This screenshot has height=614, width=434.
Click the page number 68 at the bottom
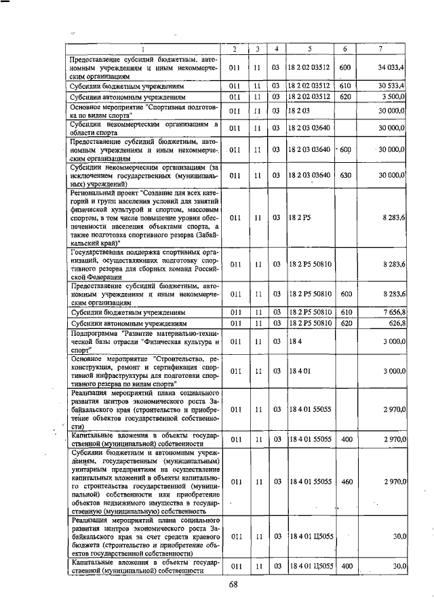pos(232,585)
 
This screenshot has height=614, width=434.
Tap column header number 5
pos(309,49)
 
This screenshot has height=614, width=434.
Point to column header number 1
pos(144,49)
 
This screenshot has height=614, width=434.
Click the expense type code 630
pos(344,175)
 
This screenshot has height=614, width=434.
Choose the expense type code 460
pos(344,481)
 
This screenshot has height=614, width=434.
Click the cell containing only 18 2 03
pos(299,111)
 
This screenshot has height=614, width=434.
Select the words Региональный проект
pos(102,193)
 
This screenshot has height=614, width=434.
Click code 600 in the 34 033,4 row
pos(344,68)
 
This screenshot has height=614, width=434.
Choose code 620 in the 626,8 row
pos(344,323)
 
